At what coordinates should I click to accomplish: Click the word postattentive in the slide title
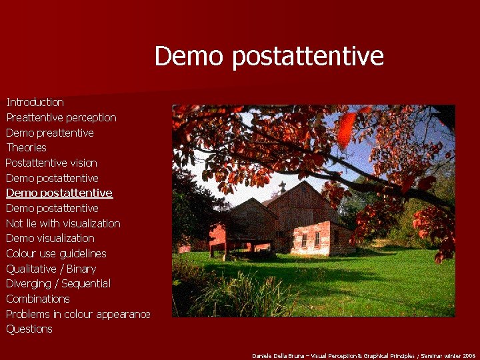coord(308,57)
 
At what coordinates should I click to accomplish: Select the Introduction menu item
coord(35,102)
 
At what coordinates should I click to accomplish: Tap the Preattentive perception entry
coord(61,117)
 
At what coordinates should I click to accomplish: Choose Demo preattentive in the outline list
coord(50,133)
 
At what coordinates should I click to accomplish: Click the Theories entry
coord(27,147)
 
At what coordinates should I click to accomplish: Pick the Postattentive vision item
coord(51,163)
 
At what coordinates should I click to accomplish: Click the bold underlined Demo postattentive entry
coord(59,193)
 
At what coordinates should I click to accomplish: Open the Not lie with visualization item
coord(63,223)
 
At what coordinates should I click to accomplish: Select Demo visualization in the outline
coord(50,238)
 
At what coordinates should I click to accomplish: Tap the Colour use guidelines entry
coord(56,253)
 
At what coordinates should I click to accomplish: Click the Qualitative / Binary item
coord(51,269)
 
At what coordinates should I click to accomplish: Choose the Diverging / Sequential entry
coord(59,283)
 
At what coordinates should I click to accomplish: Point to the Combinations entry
coord(38,299)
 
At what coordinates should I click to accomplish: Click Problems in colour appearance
coord(78,314)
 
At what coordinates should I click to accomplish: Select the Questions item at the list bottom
coord(29,329)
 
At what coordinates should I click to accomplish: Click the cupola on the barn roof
coord(282,186)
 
